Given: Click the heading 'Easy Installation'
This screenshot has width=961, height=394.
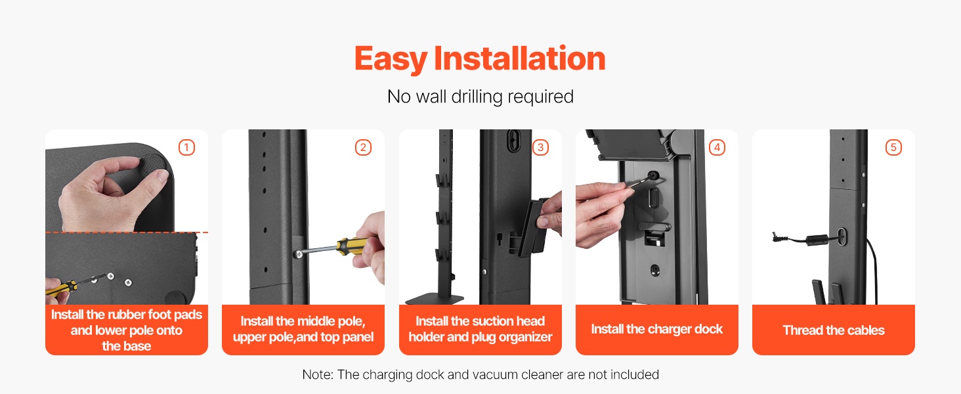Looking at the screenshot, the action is click(480, 59).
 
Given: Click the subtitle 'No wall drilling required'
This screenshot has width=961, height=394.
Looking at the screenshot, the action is click(480, 97).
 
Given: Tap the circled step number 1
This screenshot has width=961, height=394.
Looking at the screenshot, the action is click(186, 148).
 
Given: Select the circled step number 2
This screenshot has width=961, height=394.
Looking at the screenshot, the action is click(364, 148).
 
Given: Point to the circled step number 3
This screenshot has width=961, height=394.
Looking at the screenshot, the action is click(541, 148).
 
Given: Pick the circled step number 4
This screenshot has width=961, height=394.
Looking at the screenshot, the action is click(717, 148).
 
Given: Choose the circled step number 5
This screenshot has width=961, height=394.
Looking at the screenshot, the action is click(893, 148).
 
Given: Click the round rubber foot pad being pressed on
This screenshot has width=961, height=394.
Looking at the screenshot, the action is click(153, 166).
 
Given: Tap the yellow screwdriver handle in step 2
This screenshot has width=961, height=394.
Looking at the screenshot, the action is click(352, 246).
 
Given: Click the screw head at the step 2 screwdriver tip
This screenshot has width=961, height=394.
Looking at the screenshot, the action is click(299, 255).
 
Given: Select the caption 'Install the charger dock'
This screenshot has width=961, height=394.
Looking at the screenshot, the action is click(657, 329).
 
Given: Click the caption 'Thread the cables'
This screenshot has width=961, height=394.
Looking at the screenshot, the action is click(834, 330).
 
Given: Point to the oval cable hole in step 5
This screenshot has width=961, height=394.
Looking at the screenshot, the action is click(842, 236).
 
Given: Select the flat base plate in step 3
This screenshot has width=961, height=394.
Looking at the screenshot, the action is click(434, 299).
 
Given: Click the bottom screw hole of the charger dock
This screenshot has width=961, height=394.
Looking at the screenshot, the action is click(654, 271).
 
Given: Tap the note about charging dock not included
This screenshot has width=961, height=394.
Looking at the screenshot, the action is click(480, 375).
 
